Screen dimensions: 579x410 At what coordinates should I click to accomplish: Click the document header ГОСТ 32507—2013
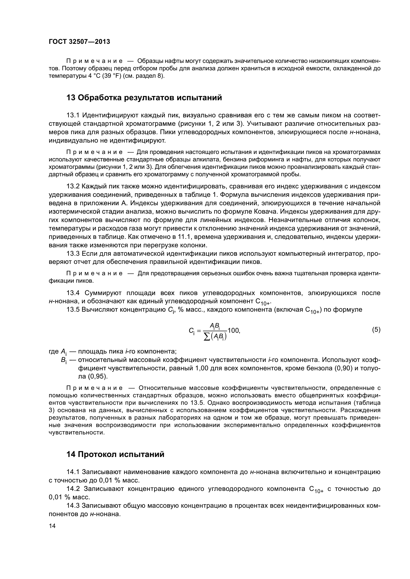pyautogui.click(x=79, y=42)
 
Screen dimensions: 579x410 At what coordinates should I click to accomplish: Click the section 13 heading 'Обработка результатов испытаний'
pyautogui.click(x=144, y=98)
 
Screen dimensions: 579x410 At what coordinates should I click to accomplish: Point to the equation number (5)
pyautogui.click(x=376, y=329)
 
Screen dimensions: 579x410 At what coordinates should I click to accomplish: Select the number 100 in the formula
pyautogui.click(x=233, y=330)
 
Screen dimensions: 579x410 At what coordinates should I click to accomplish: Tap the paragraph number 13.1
pyautogui.click(x=73, y=116)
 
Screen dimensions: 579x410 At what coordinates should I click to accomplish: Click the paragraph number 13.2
pyautogui.click(x=73, y=186)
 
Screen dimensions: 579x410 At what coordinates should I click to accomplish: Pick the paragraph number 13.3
pyautogui.click(x=73, y=253)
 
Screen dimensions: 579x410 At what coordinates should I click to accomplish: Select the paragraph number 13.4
pyautogui.click(x=73, y=293)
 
